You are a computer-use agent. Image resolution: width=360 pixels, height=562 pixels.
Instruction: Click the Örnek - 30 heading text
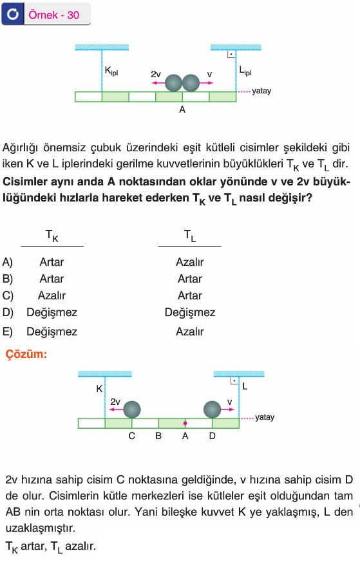54,15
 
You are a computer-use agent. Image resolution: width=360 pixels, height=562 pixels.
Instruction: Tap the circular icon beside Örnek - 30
12,14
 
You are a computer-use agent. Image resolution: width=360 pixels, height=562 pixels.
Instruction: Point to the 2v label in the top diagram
156,74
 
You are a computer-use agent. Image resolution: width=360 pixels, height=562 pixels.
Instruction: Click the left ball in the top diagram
173,83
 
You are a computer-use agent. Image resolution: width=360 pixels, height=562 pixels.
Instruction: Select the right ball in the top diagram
191,83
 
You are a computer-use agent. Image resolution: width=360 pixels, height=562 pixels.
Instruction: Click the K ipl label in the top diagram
111,71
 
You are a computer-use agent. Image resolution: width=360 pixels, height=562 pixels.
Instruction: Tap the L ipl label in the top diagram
245,71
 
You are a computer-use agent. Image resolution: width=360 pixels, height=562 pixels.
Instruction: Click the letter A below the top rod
182,109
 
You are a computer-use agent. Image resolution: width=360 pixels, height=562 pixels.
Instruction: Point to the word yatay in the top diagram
261,91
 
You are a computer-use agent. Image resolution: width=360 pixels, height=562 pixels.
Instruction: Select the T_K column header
52,236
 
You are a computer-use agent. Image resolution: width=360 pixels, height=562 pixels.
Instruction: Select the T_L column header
190,236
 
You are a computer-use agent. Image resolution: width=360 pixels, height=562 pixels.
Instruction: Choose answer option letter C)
8,295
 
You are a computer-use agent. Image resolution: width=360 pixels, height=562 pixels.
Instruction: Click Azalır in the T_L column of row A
190,262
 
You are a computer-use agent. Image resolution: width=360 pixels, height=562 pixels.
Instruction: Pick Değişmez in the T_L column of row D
190,312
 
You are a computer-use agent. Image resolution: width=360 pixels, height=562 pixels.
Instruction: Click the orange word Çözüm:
26,354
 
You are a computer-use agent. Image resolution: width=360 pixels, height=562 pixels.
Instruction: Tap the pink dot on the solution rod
185,424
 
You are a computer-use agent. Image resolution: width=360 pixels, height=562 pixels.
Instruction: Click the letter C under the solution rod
131,436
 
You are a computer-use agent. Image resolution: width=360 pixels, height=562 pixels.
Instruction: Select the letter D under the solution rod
213,436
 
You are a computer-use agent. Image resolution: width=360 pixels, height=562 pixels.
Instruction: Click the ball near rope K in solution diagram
132,409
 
